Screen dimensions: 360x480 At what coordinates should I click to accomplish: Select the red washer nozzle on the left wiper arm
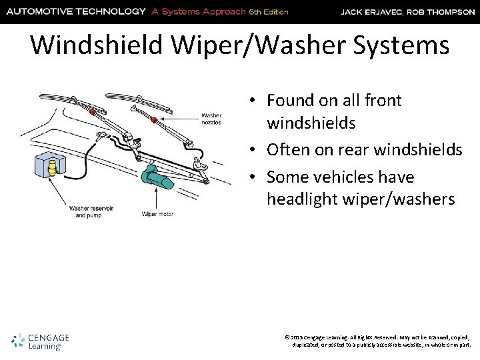click(92, 113)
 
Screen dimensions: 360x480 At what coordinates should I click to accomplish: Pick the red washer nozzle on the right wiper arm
click(155, 119)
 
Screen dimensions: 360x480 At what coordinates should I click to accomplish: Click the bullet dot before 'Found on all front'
click(255, 101)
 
